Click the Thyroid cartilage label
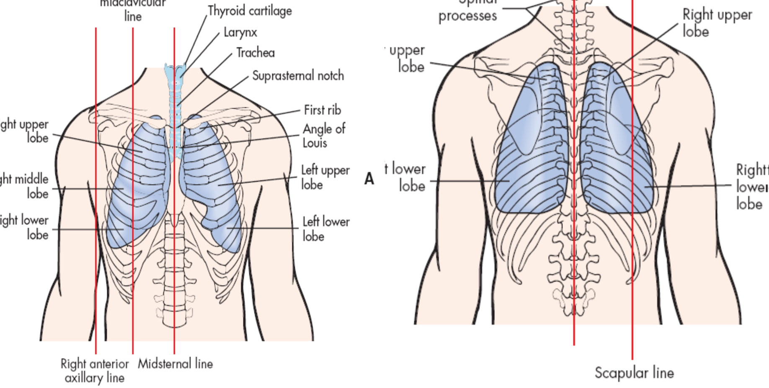250,11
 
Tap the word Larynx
240,32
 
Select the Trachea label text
255,53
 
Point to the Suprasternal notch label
298,76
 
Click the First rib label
322,110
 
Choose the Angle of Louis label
323,136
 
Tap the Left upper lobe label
325,177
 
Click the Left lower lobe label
325,229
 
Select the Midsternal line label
175,364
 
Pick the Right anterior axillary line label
95,371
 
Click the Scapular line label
634,373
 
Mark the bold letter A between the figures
369,179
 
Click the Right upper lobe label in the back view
717,23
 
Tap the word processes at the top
467,16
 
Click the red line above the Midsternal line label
174,251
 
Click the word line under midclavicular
133,17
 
